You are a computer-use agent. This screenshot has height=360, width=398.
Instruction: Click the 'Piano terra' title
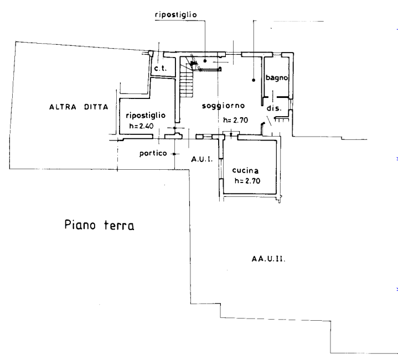pyautogui.click(x=99, y=225)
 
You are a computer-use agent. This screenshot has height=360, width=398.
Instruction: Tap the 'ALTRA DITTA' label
pyautogui.click(x=79, y=107)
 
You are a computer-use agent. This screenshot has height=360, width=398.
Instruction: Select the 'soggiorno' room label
pyautogui.click(x=224, y=106)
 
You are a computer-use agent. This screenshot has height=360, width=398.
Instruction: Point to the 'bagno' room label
pyautogui.click(x=277, y=77)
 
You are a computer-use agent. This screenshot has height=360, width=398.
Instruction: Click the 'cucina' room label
pyautogui.click(x=245, y=170)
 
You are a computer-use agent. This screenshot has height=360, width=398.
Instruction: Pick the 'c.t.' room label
pyautogui.click(x=161, y=68)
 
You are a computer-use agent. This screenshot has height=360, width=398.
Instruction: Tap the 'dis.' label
pyautogui.click(x=274, y=108)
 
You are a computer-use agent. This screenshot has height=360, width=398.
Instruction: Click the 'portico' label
pyautogui.click(x=153, y=153)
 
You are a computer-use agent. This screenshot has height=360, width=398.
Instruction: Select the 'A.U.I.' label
pyautogui.click(x=202, y=159)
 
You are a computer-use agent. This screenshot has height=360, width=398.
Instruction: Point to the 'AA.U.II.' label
pyautogui.click(x=268, y=259)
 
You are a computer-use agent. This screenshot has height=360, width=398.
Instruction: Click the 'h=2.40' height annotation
pyautogui.click(x=141, y=126)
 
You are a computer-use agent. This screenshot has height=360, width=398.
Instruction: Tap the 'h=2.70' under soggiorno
pyautogui.click(x=236, y=120)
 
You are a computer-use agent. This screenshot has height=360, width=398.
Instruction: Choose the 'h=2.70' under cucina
pyautogui.click(x=247, y=181)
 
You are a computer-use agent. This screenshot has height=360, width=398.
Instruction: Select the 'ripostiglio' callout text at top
pyautogui.click(x=176, y=15)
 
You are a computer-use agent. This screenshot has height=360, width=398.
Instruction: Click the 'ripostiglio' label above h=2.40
pyautogui.click(x=146, y=116)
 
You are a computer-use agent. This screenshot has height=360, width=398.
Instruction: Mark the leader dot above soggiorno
pyautogui.click(x=254, y=80)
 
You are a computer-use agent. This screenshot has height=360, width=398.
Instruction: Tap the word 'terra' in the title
pyautogui.click(x=119, y=225)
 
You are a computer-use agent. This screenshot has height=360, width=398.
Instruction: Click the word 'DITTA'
pyautogui.click(x=96, y=107)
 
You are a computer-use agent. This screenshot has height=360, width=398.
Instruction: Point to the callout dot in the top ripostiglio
pyautogui.click(x=205, y=61)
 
